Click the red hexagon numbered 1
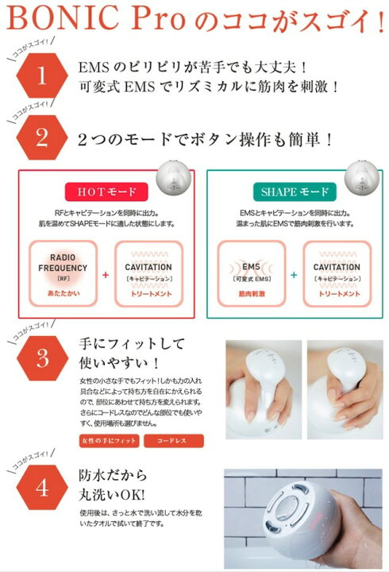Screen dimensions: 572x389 tap(42, 78)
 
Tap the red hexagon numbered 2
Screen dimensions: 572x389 tap(42, 137)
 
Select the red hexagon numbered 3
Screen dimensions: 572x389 tap(42, 359)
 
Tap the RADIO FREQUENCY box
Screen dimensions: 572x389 tap(62, 273)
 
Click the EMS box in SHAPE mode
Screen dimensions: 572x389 tap(251, 273)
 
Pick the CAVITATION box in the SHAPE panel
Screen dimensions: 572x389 tap(337, 273)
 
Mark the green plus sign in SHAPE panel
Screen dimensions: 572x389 tap(293, 274)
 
